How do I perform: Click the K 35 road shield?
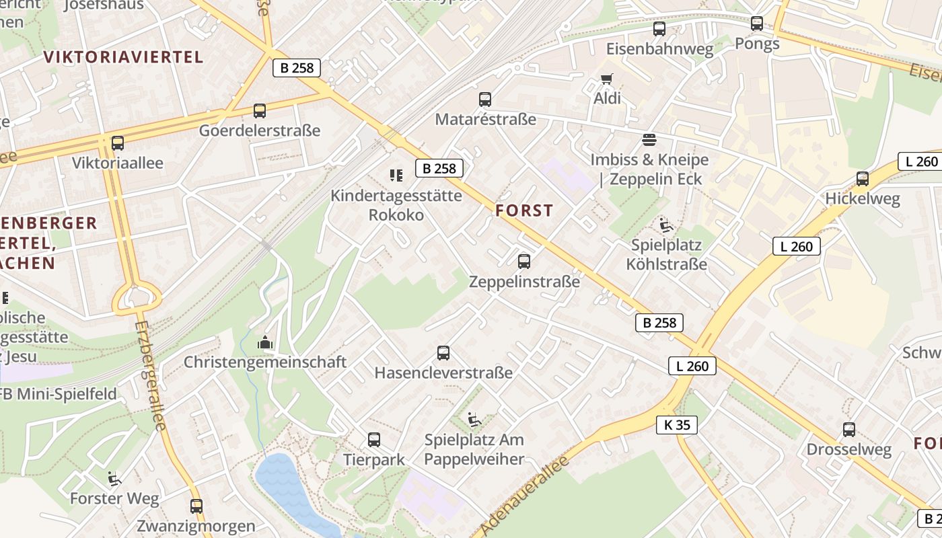676,425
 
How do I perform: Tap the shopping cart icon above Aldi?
606,79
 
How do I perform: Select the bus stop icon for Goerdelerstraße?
260,111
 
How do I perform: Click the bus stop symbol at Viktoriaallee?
118,143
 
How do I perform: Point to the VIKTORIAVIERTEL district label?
123,57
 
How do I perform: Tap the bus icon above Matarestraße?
485,100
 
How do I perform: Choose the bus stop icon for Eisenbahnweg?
659,29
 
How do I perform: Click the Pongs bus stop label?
757,44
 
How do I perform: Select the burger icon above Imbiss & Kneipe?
649,140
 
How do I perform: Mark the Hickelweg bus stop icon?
863,179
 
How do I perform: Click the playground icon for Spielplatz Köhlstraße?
666,225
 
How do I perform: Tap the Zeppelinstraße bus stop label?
524,281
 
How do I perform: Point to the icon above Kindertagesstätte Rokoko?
396,176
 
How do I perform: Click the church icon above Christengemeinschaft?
265,342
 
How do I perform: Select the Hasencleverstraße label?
443,373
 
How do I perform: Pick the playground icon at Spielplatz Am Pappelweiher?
474,420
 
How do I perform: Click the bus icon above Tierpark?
374,440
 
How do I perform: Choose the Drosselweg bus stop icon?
849,430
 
